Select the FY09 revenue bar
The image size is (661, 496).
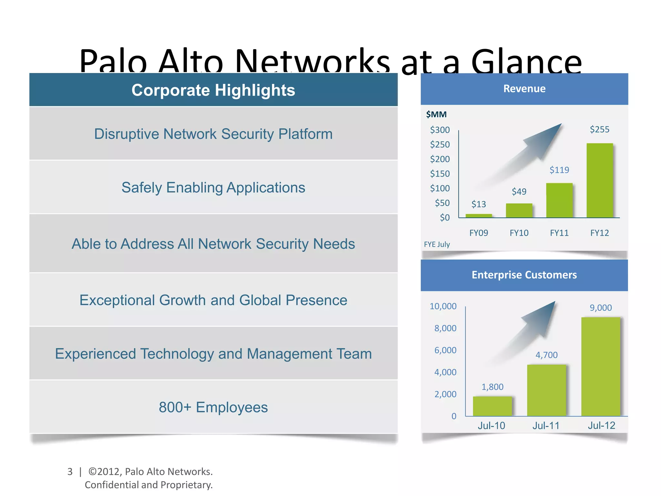[x=479, y=216]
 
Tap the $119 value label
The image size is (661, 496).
[x=559, y=170]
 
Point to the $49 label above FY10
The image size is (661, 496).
[x=519, y=191]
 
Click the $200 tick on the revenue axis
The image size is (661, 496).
[x=440, y=159]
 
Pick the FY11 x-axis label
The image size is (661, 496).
[x=559, y=233]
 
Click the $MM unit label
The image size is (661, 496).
[x=436, y=114]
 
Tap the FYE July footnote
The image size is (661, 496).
[x=437, y=244]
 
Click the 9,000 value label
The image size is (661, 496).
[x=601, y=308]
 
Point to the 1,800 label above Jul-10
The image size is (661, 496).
[x=492, y=387]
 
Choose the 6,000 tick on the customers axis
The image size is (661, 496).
[x=445, y=350]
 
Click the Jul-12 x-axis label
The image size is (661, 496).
[x=601, y=425]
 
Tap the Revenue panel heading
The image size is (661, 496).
[x=524, y=88]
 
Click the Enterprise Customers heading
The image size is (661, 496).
[x=524, y=275]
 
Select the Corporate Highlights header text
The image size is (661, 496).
[x=213, y=90]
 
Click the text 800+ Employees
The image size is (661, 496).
[x=213, y=407]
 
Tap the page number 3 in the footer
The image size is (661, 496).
[x=70, y=471]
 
